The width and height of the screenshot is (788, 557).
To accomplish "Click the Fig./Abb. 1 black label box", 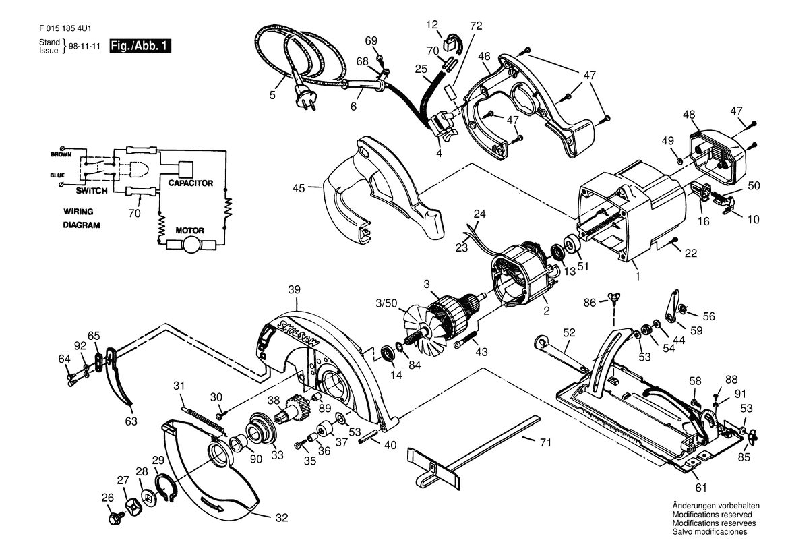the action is pyautogui.click(x=141, y=47).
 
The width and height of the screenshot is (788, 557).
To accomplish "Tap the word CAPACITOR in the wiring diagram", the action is pyautogui.click(x=191, y=183).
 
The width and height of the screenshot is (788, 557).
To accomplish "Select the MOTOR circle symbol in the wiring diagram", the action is pyautogui.click(x=190, y=245).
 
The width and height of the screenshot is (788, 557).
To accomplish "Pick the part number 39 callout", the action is pyautogui.click(x=295, y=289).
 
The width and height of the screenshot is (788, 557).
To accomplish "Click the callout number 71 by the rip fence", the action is pyautogui.click(x=545, y=443).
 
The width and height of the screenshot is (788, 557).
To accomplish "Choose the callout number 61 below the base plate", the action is pyautogui.click(x=701, y=487).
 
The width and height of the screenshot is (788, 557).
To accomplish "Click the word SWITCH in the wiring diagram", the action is pyautogui.click(x=92, y=191).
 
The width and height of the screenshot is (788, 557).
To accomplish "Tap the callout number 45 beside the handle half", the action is pyautogui.click(x=299, y=188).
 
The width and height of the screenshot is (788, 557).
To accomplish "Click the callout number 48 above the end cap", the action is pyautogui.click(x=688, y=115).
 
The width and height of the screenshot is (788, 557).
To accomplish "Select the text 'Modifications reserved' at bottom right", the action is pyautogui.click(x=712, y=515).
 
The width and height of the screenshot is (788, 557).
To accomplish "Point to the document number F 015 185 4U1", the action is pyautogui.click(x=64, y=28).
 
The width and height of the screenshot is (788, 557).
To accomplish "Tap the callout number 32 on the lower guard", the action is pyautogui.click(x=282, y=517).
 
